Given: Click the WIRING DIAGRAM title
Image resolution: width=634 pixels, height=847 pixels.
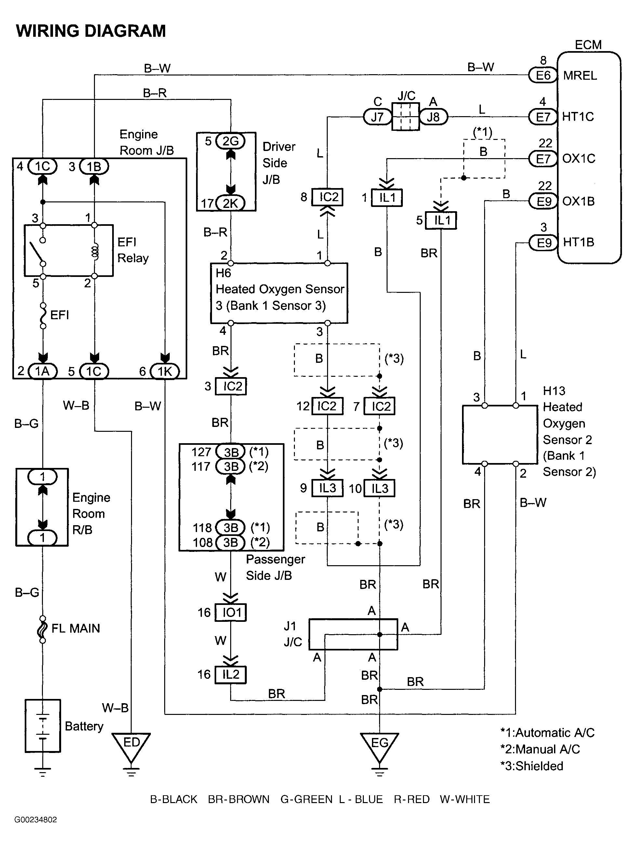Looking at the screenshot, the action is (91, 31).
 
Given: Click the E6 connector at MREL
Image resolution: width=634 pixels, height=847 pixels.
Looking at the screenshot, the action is (543, 75).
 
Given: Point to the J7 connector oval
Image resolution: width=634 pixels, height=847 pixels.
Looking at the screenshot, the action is (377, 117).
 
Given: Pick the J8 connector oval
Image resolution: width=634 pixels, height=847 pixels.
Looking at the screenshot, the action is (433, 117).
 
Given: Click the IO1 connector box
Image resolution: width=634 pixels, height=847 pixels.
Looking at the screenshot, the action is (231, 612).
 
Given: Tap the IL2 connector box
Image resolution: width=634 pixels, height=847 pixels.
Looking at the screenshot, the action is (231, 674).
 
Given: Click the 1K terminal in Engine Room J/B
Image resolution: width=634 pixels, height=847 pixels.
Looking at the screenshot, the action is (165, 371).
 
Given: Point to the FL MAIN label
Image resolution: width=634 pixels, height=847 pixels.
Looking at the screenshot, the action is (76, 628).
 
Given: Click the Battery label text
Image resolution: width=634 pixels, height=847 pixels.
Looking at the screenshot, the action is (84, 726).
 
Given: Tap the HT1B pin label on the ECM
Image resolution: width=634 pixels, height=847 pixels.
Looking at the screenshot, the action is (578, 242).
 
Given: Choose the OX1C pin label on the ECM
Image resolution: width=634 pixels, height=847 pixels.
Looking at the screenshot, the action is (578, 158).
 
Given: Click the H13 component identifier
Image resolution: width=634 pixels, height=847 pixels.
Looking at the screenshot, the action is (554, 391).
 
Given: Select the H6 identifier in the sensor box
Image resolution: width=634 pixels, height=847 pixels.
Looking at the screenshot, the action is (223, 273).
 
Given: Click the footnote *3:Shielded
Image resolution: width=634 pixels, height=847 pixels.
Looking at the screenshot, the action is (532, 766).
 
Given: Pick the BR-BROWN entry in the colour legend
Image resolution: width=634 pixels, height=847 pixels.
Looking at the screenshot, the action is (239, 799).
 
